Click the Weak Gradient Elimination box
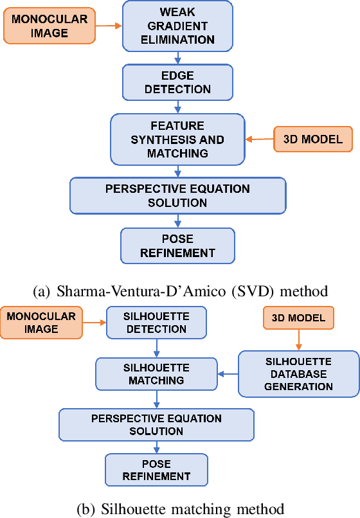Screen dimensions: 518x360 (177, 26)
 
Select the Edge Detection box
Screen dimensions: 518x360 (177, 82)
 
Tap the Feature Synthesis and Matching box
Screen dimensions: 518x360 (177, 139)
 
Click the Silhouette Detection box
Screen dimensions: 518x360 (156, 323)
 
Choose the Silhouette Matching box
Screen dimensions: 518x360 (156, 374)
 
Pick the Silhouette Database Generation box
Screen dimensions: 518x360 (298, 373)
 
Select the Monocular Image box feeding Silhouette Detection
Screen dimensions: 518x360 (42, 323)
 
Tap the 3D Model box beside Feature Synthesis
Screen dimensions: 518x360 (313, 139)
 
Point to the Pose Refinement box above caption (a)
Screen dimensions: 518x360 (177, 246)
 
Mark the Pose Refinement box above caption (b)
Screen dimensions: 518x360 (156, 470)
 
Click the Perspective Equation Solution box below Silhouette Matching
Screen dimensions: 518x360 (156, 424)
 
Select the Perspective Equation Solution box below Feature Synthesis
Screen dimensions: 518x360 (177, 196)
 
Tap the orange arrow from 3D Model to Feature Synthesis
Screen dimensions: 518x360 (258, 139)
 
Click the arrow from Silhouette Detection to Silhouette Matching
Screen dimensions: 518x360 (156, 348)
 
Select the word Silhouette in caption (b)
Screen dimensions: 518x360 (125, 510)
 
